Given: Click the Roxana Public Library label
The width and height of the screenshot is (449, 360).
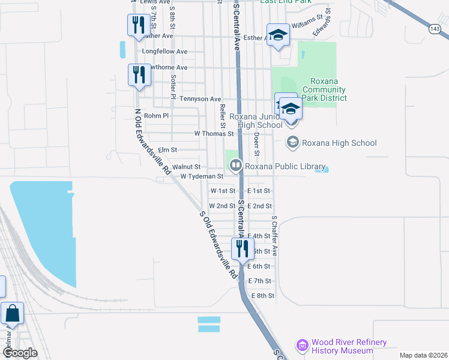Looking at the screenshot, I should pos(285,167).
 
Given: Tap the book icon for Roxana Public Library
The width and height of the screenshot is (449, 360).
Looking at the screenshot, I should pos(236,164).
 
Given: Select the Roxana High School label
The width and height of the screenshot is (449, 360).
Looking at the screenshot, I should pos(339,143).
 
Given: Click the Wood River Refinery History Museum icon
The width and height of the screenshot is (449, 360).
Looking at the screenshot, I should pos(302,346).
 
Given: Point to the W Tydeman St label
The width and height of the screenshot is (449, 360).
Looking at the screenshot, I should pos(202,176).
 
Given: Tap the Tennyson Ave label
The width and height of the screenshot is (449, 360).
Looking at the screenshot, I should pos(200,99).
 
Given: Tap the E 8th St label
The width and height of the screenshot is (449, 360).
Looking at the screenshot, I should pos(263,296).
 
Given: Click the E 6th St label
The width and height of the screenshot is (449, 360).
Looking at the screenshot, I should pos(259,266).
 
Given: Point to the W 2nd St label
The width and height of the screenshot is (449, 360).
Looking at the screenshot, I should pos(222,206).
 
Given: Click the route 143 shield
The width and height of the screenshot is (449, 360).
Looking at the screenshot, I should pos(436,28).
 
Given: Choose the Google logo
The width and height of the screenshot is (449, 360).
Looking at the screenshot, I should pos(20,353).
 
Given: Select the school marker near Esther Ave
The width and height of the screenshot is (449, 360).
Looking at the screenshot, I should pos(278,36).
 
